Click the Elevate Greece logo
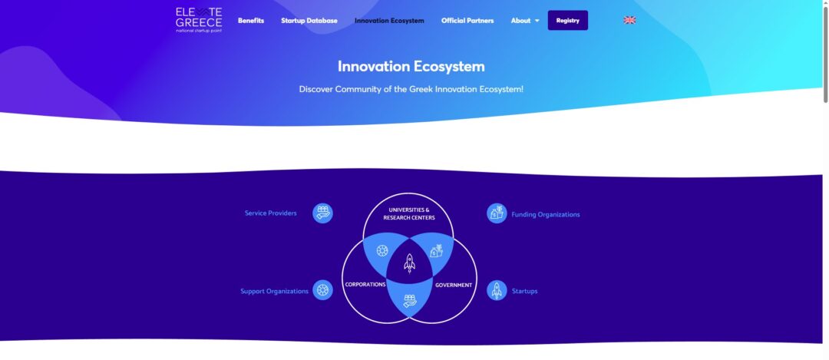click(199, 20)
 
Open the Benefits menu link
click(250, 21)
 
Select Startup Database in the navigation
click(309, 21)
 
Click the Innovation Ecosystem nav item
click(389, 21)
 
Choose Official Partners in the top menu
click(467, 21)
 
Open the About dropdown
click(525, 21)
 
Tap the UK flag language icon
click(629, 20)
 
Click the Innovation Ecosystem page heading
click(411, 67)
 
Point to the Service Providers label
click(271, 213)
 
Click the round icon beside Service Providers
click(322, 213)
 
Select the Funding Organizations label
click(546, 215)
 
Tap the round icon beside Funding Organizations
click(497, 213)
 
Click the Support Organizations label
click(274, 291)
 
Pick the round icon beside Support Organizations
click(322, 290)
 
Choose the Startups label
click(524, 291)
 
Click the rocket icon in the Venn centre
click(409, 263)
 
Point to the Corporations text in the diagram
click(365, 285)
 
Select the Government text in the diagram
click(454, 285)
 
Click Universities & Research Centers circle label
click(409, 213)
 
